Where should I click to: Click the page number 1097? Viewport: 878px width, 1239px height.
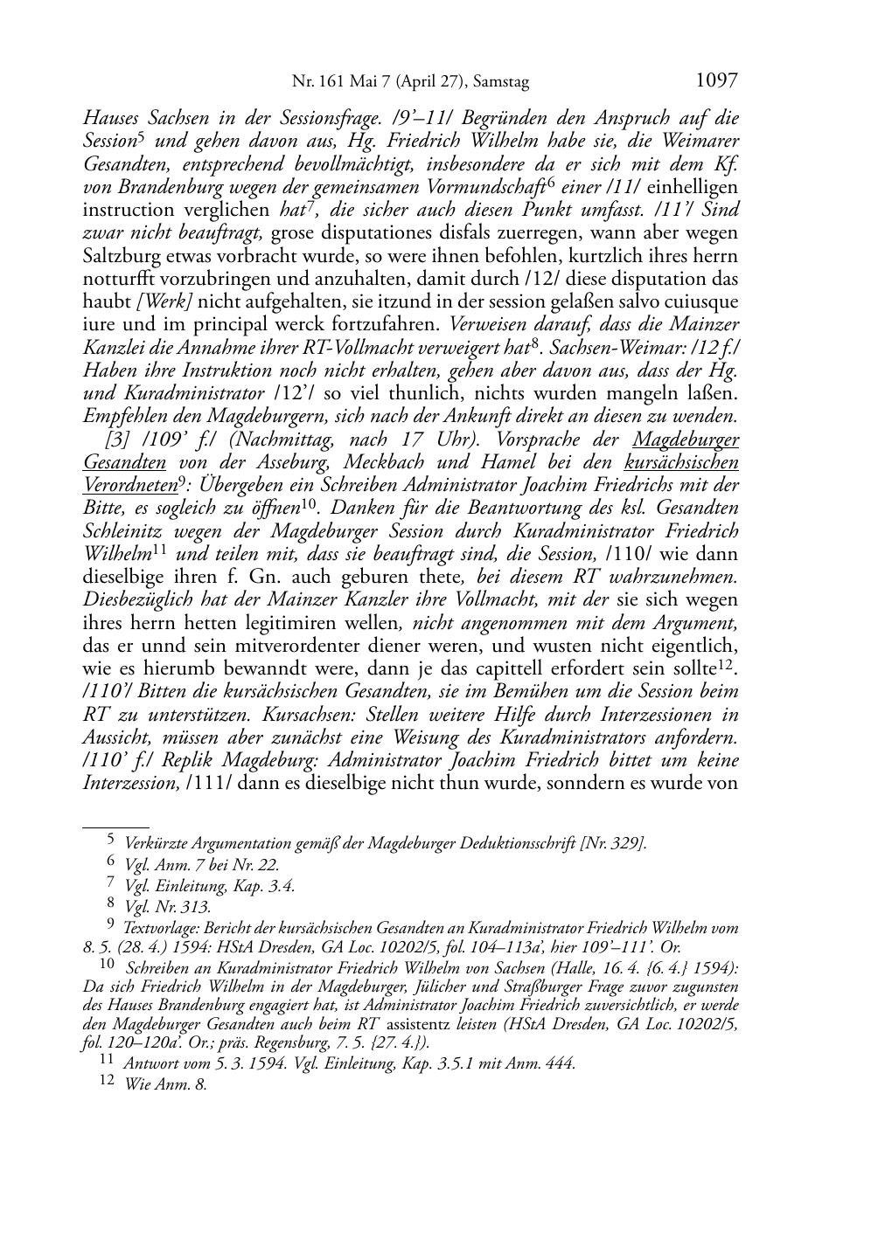716,81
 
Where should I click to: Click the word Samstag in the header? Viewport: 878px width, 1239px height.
500,83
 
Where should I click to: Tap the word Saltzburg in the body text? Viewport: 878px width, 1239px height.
124,256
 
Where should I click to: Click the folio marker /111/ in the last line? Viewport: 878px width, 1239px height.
208,783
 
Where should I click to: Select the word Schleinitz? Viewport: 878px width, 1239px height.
127,531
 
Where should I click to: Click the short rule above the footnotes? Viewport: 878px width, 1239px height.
115,826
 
